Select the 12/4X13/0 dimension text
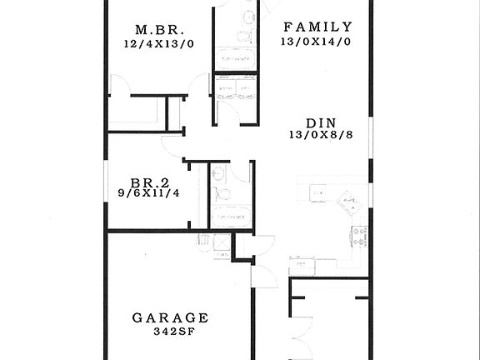[158, 43]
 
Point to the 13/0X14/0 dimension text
[317, 41]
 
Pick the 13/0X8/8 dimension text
[321, 135]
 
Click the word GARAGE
[170, 317]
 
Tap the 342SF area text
[171, 332]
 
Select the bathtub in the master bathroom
[237, 59]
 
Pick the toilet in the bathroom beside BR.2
[222, 195]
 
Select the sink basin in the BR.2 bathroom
[217, 173]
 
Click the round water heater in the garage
[204, 241]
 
